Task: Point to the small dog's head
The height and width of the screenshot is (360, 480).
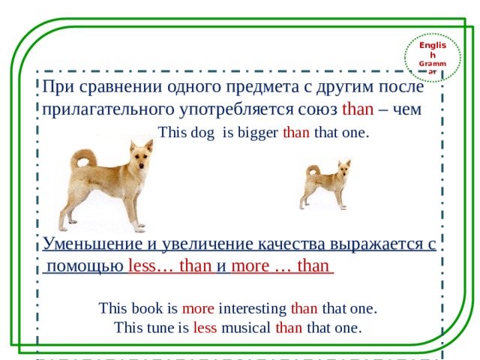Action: coord(343,166)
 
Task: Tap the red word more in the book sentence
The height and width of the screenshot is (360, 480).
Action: coord(198,308)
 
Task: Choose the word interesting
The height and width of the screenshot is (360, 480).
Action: coord(253,308)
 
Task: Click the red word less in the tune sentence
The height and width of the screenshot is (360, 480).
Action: coord(205,328)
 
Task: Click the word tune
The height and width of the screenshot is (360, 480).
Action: coord(159,328)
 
